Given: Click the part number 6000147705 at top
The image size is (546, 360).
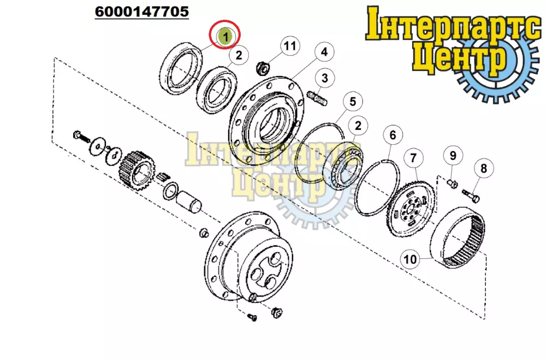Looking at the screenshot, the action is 142,11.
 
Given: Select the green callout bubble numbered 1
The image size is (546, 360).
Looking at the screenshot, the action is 225,36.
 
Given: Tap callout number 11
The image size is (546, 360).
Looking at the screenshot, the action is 290,46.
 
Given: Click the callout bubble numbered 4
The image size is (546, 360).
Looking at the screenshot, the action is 324,51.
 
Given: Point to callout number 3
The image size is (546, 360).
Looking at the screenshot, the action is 324,78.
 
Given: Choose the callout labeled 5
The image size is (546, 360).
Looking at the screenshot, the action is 352,102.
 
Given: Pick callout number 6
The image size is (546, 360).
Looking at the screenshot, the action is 393,134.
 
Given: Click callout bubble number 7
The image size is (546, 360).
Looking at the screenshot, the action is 413,158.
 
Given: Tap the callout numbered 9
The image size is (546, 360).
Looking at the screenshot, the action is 453,155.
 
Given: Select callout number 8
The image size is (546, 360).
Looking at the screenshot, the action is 483,168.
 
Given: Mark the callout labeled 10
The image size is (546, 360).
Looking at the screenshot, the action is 410,259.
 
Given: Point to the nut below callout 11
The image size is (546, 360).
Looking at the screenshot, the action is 263,68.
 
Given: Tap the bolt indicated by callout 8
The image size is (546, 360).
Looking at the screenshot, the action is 471,195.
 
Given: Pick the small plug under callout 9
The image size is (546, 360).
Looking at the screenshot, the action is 452,182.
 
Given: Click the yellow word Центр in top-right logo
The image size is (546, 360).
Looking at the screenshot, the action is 460,57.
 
